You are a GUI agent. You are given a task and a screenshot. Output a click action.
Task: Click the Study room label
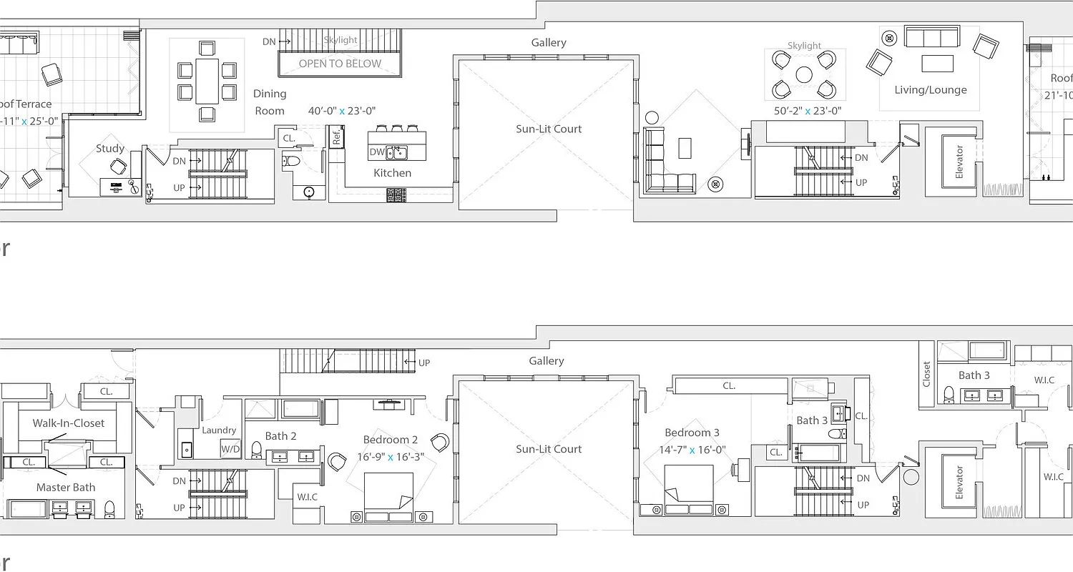[x=110, y=149]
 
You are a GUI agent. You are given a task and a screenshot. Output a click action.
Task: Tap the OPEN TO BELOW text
[x=340, y=64]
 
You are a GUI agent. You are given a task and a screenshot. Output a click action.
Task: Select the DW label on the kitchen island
[x=377, y=152]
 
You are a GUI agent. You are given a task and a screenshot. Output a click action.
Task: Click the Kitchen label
[x=392, y=173]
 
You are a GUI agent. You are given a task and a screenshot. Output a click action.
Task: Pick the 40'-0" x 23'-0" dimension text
[x=342, y=111]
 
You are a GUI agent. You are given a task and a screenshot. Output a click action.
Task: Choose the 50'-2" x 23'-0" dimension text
[x=807, y=111]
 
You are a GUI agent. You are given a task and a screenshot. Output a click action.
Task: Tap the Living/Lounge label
[x=930, y=90]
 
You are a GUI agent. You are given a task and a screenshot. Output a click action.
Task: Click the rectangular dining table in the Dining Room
[x=207, y=81]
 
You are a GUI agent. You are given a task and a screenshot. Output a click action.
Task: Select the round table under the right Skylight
[x=804, y=74]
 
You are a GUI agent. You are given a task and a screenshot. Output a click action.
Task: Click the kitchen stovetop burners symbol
[x=396, y=194]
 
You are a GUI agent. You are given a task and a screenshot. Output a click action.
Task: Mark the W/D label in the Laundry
[x=230, y=450]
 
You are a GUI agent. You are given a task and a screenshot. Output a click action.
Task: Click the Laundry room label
[x=219, y=430]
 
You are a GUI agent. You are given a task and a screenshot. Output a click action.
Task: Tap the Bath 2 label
[x=280, y=436]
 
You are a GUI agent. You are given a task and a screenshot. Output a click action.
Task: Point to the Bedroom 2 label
[x=390, y=440]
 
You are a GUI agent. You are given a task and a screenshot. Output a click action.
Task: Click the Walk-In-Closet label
[x=69, y=423]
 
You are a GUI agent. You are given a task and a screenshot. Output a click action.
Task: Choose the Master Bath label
[x=66, y=488]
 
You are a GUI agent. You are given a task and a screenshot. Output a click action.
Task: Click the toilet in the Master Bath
[x=109, y=508]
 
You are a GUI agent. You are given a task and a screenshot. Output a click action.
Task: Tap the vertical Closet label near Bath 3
[x=927, y=374]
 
